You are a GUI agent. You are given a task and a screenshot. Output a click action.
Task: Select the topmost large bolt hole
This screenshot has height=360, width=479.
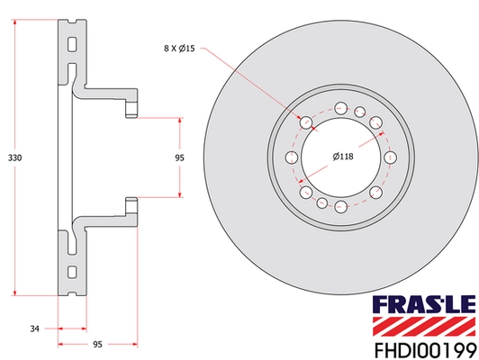(x=341, y=110)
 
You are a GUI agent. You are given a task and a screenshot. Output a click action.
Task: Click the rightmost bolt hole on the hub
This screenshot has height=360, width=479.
(x=390, y=158)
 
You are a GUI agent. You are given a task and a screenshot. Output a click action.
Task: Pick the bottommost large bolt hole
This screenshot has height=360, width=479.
(x=341, y=207)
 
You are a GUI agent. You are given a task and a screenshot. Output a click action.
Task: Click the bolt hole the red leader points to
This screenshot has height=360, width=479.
(x=306, y=123)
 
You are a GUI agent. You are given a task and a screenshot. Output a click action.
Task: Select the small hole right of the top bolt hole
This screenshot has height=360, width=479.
(x=359, y=113)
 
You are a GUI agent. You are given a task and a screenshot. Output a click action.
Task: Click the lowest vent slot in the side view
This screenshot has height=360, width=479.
(x=70, y=270)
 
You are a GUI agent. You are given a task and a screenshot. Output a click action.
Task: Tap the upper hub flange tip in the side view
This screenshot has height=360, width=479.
(x=131, y=111)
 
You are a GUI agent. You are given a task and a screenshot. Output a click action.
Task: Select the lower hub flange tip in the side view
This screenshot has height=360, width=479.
(x=131, y=204)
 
